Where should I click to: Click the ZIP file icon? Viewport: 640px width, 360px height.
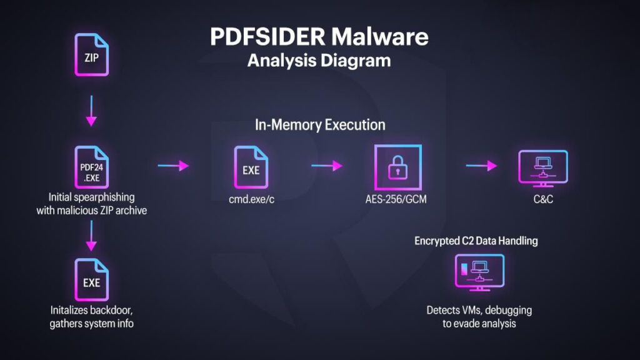91,54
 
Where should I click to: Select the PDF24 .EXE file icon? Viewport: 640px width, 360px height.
91,167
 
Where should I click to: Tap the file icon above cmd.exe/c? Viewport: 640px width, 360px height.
251,167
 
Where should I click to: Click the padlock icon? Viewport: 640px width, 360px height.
397,167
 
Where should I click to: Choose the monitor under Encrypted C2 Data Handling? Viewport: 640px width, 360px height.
478,272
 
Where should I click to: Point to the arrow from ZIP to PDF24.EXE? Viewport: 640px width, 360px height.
91,111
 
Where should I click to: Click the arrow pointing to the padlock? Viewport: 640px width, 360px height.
327,166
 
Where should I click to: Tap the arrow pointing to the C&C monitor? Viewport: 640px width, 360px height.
481,166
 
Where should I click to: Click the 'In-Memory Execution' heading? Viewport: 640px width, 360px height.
320,125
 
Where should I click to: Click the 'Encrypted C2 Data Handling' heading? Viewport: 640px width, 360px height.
476,241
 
